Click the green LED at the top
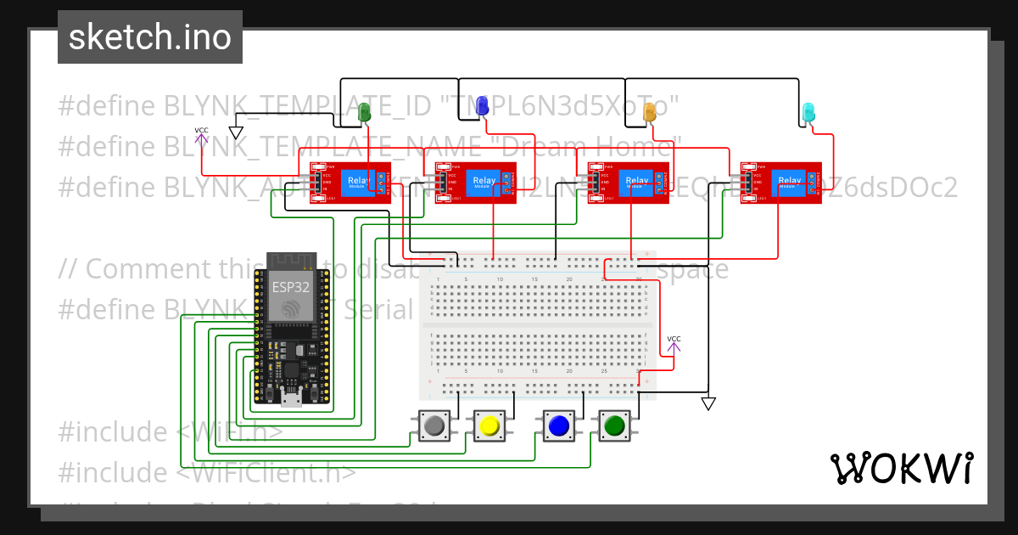click(365, 111)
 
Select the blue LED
click(482, 106)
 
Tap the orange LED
click(651, 111)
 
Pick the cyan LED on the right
click(808, 111)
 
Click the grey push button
click(435, 425)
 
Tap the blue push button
click(557, 425)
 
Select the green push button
click(613, 425)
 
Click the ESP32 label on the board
click(290, 286)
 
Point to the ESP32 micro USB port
click(293, 397)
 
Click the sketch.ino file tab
click(150, 37)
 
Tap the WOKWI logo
click(901, 469)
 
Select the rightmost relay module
click(780, 183)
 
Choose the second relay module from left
click(475, 183)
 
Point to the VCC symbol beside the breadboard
click(674, 343)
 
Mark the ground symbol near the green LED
click(236, 132)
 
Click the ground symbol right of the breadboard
click(708, 403)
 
